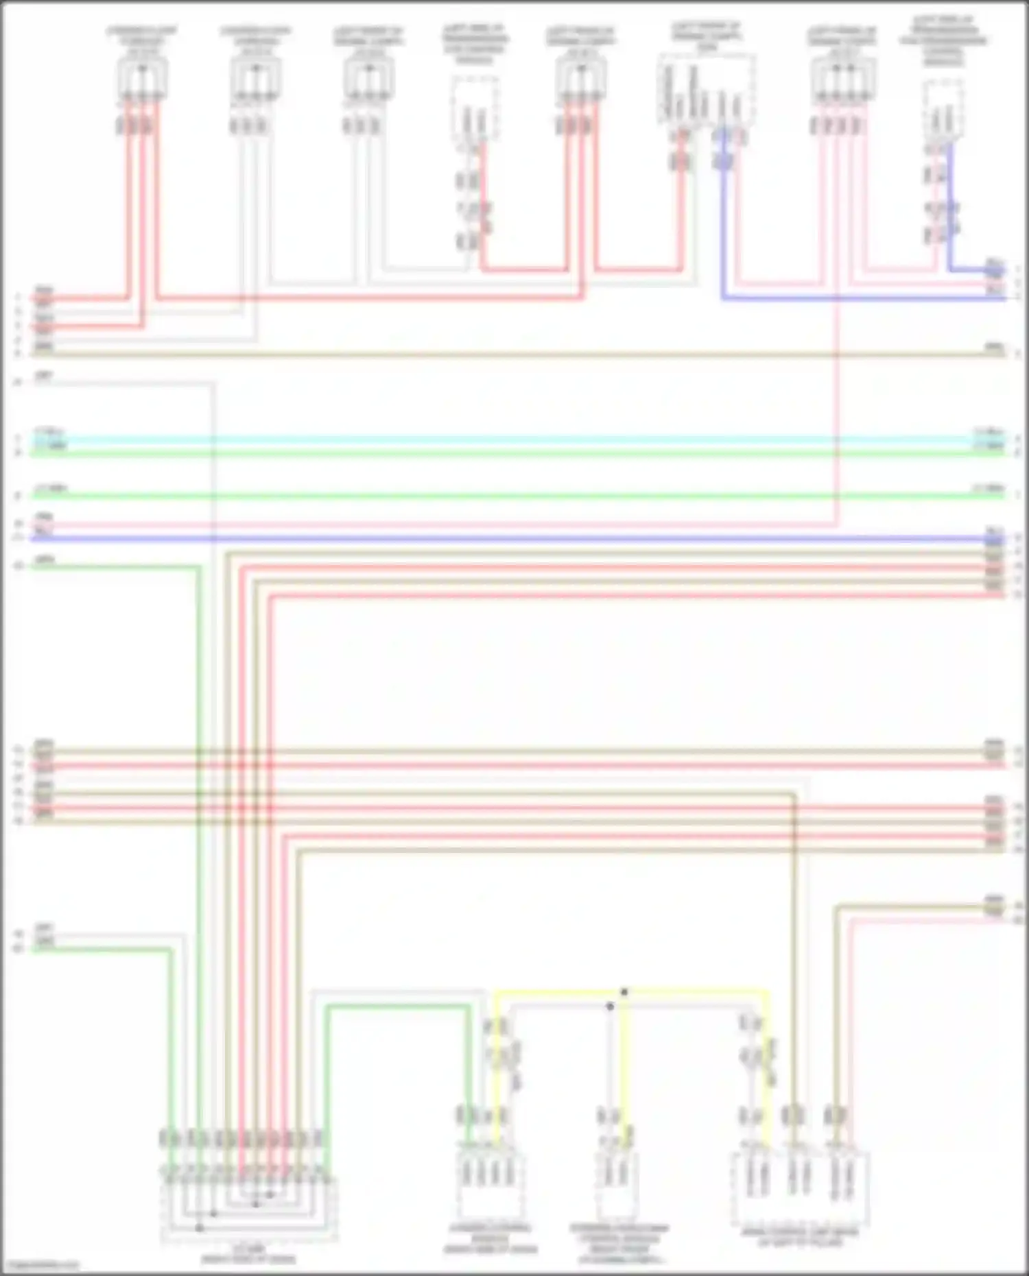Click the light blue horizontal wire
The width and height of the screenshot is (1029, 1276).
(514, 437)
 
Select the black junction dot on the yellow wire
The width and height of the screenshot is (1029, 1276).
(624, 992)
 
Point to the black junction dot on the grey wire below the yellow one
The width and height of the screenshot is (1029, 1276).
(609, 1007)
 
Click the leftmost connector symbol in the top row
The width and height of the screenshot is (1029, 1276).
(142, 79)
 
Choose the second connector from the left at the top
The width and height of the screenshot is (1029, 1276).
(255, 79)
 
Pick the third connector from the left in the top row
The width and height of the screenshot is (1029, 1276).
(369, 79)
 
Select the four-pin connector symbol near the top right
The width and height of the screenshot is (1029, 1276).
(842, 79)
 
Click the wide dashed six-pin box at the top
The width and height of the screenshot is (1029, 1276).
(707, 89)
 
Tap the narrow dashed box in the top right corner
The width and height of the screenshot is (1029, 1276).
(942, 110)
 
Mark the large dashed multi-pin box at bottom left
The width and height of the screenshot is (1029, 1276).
(249, 1207)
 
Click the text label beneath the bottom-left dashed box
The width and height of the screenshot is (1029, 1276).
(248, 1254)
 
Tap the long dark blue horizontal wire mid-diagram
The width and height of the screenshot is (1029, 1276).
(514, 538)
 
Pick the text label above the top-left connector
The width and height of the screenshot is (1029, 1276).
(142, 38)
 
